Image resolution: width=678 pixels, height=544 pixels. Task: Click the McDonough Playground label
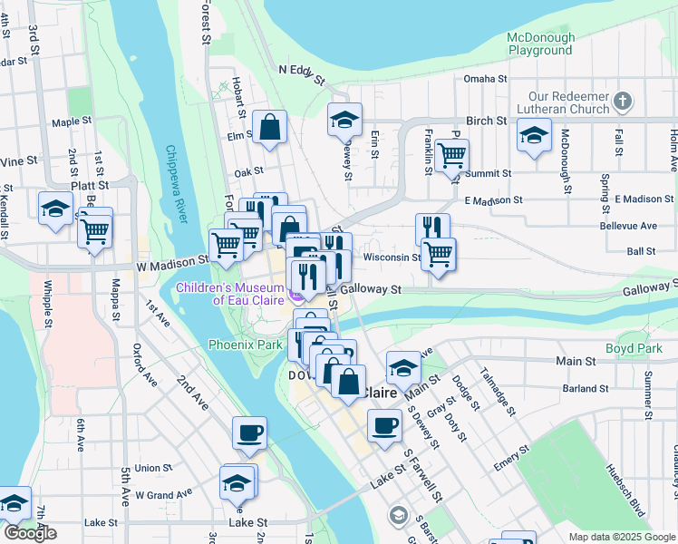pyautogui.click(x=541, y=44)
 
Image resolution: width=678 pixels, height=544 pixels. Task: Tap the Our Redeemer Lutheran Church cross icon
pyautogui.click(x=622, y=101)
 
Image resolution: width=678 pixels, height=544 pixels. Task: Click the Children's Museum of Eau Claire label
pyautogui.click(x=230, y=295)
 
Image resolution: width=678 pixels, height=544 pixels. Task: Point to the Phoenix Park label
pyautogui.click(x=245, y=345)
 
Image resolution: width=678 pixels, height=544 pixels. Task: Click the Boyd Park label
pyautogui.click(x=635, y=348)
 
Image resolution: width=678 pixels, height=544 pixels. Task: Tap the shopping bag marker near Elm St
pyautogui.click(x=270, y=128)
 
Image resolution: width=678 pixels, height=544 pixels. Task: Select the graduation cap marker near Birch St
pyautogui.click(x=344, y=121)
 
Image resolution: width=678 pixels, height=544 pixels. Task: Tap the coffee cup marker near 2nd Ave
pyautogui.click(x=249, y=432)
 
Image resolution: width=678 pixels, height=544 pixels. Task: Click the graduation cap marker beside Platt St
pyautogui.click(x=56, y=208)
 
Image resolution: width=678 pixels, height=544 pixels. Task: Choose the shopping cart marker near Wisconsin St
pyautogui.click(x=439, y=254)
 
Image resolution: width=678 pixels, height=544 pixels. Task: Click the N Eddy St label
pyautogui.click(x=302, y=73)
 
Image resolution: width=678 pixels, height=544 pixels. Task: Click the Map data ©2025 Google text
pyautogui.click(x=621, y=537)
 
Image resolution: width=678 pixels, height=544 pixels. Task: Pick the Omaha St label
pyautogui.click(x=485, y=79)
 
